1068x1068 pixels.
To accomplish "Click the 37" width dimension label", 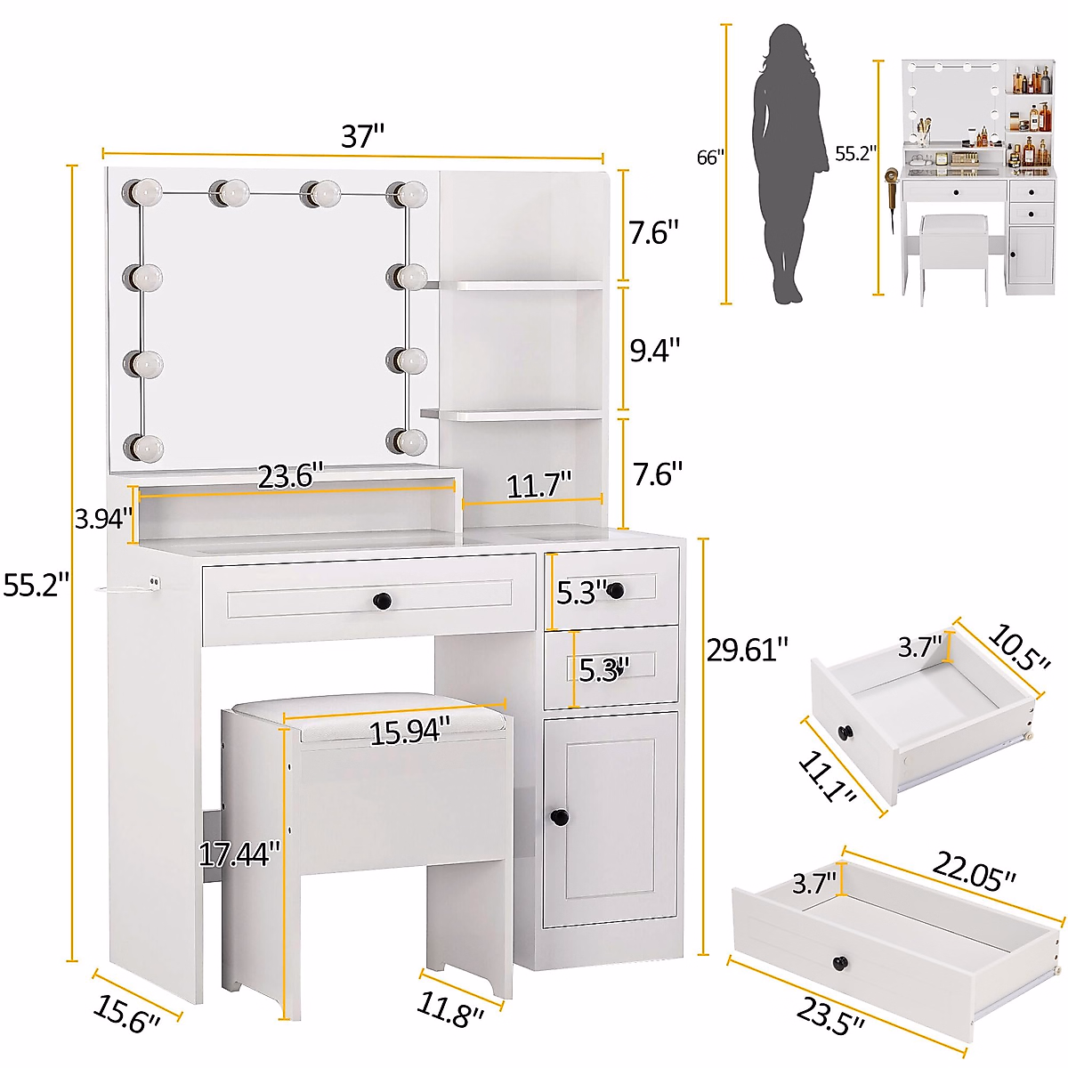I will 363,136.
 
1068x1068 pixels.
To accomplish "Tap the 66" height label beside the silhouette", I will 710,158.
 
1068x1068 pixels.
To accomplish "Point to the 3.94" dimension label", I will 102,519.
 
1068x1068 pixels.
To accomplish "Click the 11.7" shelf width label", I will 538,486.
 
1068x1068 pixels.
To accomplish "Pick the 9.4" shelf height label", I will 655,350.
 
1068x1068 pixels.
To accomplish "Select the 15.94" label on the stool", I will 404,732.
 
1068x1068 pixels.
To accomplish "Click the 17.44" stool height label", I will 239,855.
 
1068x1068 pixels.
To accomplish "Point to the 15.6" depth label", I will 127,1014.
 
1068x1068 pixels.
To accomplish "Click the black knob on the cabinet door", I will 559,816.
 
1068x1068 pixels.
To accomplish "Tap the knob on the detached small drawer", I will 845,732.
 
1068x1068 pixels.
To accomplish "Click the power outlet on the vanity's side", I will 154,583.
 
